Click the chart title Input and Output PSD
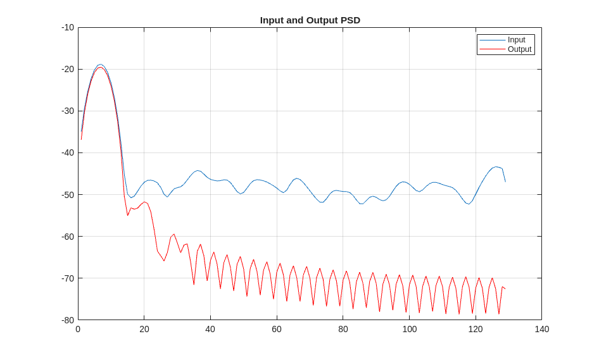(310, 20)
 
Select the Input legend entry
(516, 40)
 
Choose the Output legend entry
(519, 49)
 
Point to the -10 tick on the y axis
(68, 27)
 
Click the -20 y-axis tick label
(68, 69)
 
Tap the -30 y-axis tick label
(68, 111)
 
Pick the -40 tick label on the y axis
(68, 152)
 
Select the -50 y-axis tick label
(68, 194)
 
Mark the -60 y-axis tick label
(68, 236)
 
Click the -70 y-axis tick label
(68, 278)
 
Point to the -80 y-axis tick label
(68, 320)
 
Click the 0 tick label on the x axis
(78, 329)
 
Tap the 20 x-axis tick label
(144, 329)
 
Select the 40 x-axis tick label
(210, 329)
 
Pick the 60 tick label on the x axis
(277, 329)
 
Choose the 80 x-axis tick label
(343, 329)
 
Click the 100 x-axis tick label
(410, 329)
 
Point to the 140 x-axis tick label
(542, 329)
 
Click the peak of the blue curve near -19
(100, 65)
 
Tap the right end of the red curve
(505, 289)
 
